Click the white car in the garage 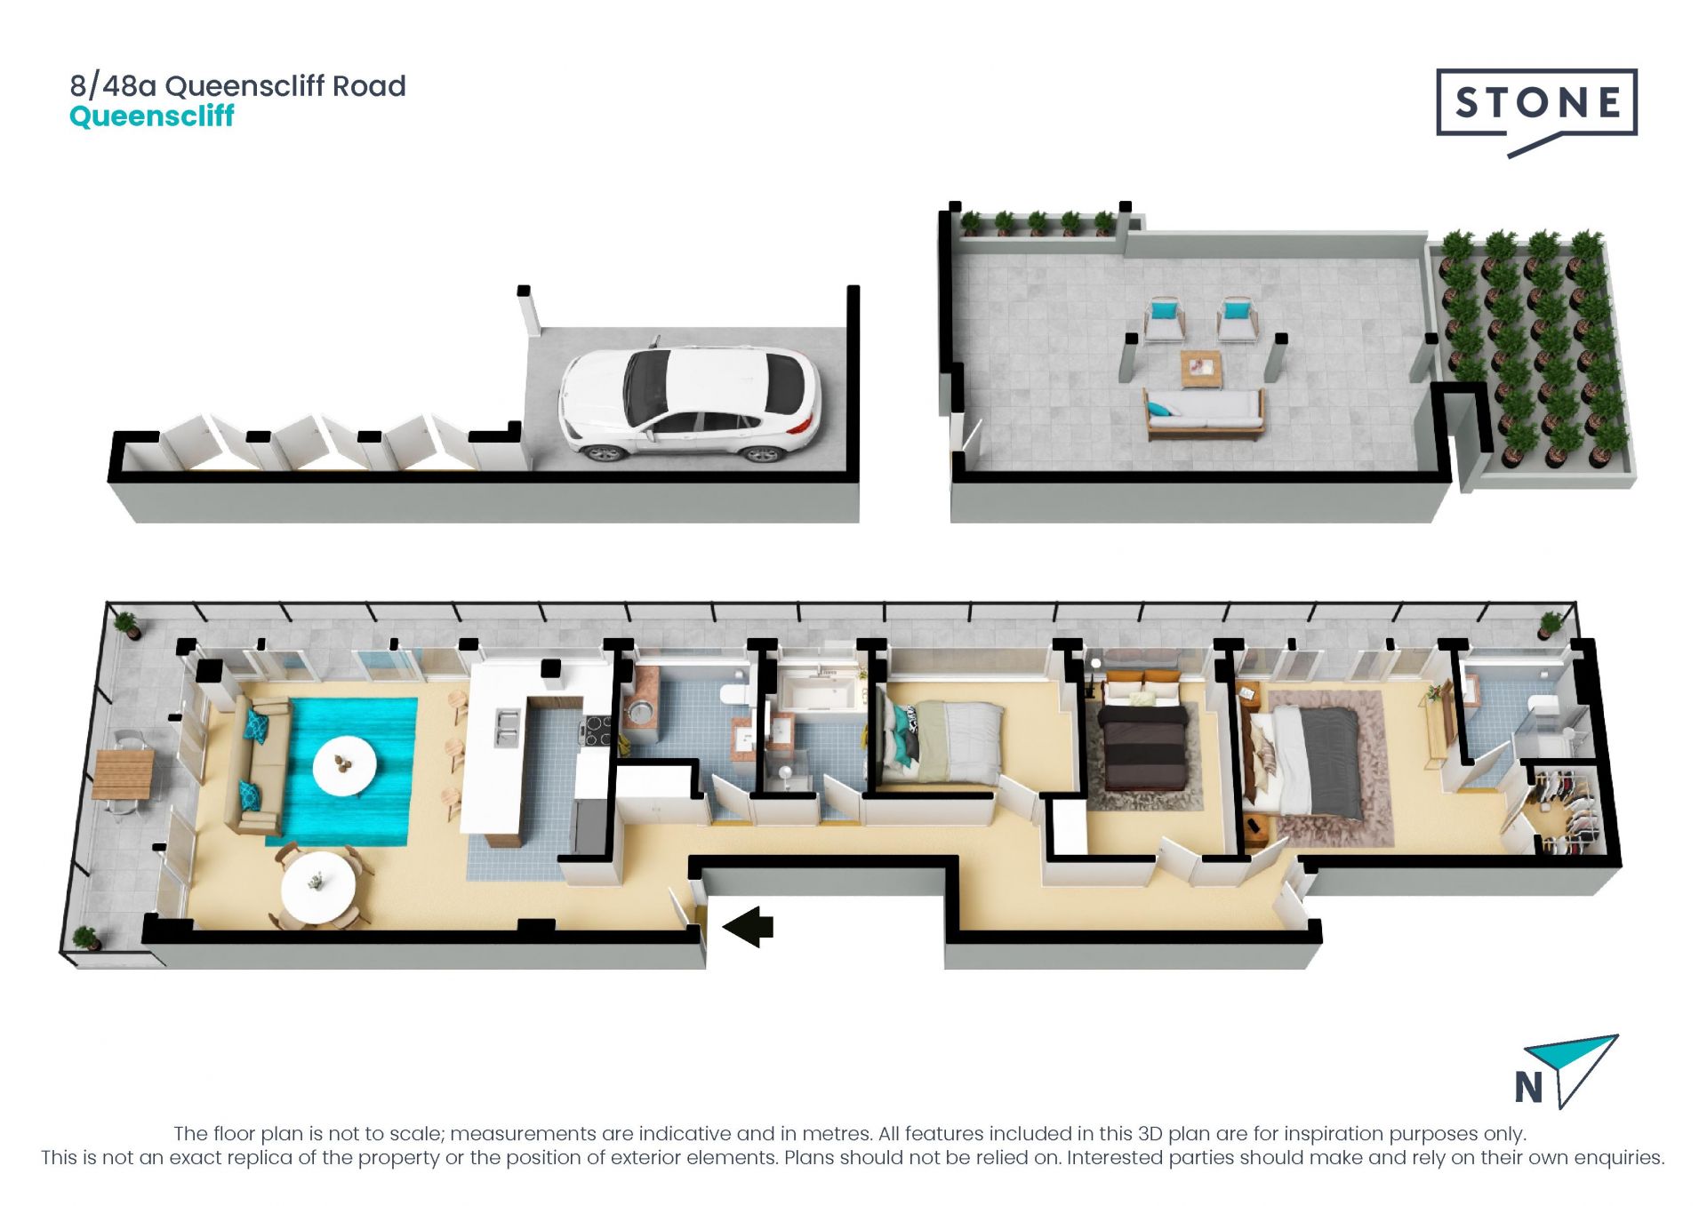[690, 403]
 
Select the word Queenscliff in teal [151, 116]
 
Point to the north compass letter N [1528, 1087]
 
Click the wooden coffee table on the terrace [1201, 369]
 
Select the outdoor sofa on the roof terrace [1204, 414]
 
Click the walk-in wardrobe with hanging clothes [1566, 810]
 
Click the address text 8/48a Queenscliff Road [238, 86]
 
